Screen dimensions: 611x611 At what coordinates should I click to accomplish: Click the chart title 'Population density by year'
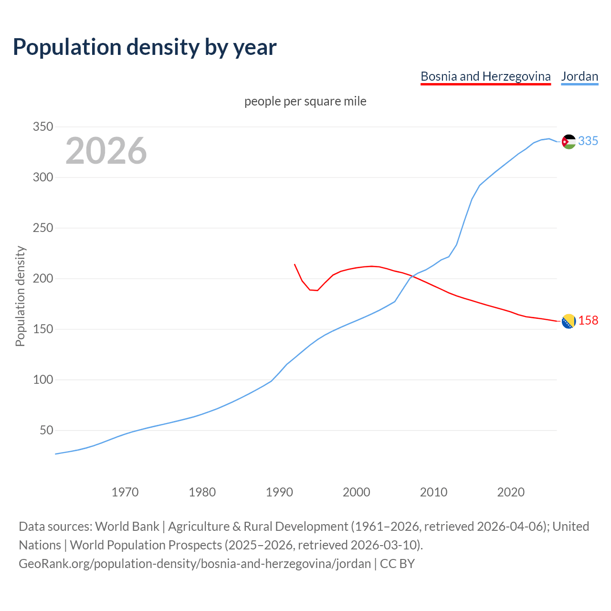[x=145, y=47]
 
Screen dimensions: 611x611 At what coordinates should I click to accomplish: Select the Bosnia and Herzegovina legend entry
[x=485, y=76]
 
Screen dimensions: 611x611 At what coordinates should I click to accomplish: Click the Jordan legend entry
[x=579, y=76]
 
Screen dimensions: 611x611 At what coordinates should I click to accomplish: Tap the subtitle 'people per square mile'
[x=305, y=101]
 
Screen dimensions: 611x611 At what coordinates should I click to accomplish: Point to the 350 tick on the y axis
[x=42, y=127]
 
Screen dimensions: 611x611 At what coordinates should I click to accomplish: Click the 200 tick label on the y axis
[x=42, y=279]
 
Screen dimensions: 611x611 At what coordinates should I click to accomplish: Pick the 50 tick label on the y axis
[x=46, y=431]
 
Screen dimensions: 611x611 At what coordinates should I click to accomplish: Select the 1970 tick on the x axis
[x=125, y=492]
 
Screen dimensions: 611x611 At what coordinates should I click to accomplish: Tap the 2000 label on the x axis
[x=356, y=492]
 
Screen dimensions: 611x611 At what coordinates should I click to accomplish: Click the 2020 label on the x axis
[x=511, y=492]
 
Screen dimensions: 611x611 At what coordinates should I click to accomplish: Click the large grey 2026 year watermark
[x=106, y=151]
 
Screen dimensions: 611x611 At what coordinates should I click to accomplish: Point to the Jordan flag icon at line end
[x=569, y=142]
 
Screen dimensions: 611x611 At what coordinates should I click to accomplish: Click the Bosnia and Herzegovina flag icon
[x=569, y=321]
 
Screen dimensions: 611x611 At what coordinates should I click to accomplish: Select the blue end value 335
[x=588, y=141]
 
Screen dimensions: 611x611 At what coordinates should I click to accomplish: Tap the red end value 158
[x=588, y=320]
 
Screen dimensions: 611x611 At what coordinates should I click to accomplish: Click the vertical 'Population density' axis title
[x=20, y=296]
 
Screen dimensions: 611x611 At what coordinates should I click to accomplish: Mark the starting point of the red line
[x=295, y=264]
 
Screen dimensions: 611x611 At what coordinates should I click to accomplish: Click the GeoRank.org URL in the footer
[x=195, y=564]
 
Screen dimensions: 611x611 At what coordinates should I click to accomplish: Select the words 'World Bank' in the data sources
[x=127, y=527]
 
